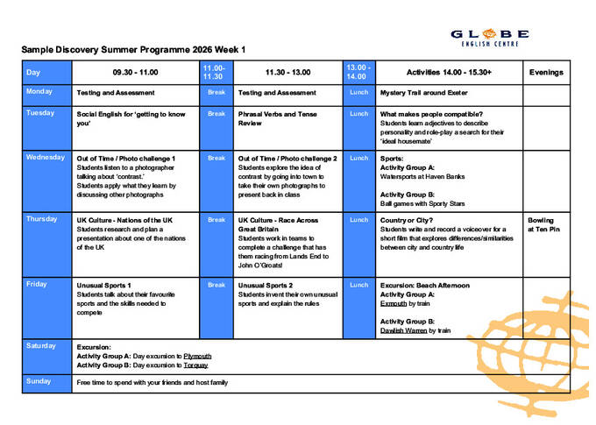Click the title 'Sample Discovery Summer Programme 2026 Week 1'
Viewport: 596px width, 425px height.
click(x=133, y=50)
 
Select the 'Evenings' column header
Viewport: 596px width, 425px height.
click(x=546, y=73)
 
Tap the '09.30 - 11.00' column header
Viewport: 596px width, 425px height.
click(x=135, y=73)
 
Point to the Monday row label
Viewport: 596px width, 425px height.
click(x=39, y=92)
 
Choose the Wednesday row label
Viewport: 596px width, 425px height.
click(x=46, y=158)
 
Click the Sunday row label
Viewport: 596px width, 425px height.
click(x=39, y=381)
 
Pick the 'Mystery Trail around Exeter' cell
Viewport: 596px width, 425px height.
click(x=423, y=92)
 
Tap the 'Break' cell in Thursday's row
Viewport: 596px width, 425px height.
click(x=216, y=220)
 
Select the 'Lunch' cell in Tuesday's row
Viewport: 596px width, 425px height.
click(x=358, y=114)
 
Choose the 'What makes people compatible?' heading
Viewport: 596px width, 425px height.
click(x=430, y=114)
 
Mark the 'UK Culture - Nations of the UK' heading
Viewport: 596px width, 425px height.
click(x=124, y=220)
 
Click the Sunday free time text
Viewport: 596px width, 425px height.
click(x=152, y=382)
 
